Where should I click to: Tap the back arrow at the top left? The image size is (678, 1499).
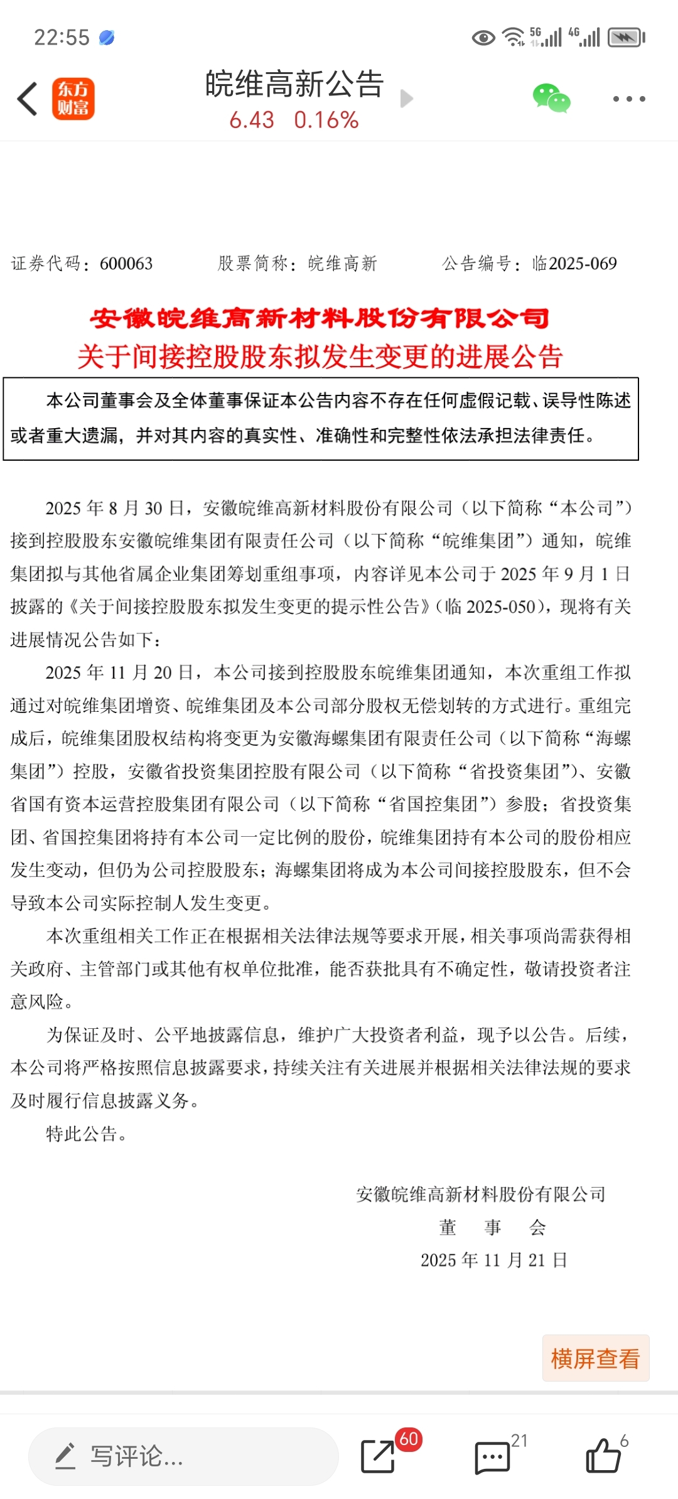point(28,99)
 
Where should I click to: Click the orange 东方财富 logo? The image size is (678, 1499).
point(73,99)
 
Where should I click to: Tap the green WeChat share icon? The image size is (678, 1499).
point(551,99)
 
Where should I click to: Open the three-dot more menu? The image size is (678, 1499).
point(628,99)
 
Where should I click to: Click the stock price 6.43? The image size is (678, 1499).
point(252,120)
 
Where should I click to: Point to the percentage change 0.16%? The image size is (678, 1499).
point(326,120)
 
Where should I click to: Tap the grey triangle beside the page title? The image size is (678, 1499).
point(407,99)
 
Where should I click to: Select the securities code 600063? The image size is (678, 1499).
point(126,264)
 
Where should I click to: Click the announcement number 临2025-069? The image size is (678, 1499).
point(574,264)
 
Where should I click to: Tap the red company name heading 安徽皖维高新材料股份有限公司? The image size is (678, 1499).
point(320,319)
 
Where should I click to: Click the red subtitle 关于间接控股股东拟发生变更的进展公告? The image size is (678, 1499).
point(320,357)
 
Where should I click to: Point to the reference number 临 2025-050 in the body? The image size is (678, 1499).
point(490,607)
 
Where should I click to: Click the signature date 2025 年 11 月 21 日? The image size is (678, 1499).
point(494,1260)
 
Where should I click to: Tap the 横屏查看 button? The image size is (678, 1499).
point(595,1358)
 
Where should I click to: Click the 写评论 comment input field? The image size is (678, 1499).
point(183,1456)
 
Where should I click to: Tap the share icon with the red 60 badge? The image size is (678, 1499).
point(379,1456)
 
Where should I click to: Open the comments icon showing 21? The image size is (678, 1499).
point(492,1456)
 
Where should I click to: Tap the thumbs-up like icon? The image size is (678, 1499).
point(603,1456)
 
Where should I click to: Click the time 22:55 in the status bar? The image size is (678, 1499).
point(62,38)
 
